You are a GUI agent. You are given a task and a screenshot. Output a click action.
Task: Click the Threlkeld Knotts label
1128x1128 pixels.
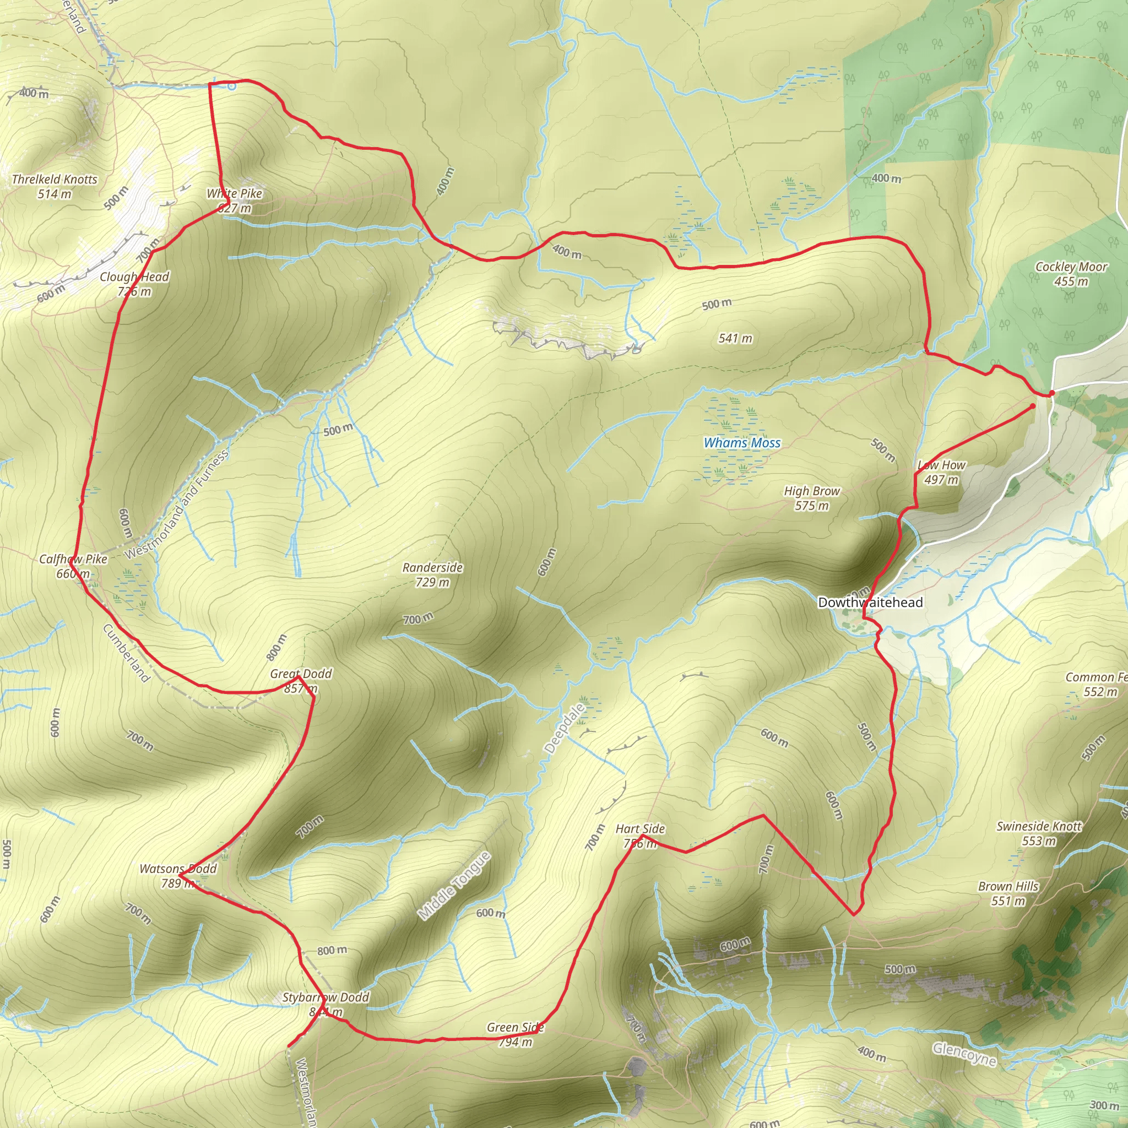[55, 186]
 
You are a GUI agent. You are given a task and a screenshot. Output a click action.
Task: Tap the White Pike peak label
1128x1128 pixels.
[235, 200]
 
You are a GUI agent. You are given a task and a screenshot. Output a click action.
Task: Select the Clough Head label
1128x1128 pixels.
[134, 284]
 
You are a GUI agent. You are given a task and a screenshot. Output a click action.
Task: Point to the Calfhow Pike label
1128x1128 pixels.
[73, 566]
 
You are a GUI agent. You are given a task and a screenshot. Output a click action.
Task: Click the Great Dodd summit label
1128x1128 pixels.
[301, 681]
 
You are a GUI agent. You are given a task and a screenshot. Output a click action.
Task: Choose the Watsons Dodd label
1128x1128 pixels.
[177, 876]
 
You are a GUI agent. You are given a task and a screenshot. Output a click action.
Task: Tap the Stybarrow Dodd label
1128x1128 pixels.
[326, 1004]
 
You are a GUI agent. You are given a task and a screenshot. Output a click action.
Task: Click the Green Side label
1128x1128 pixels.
[516, 1034]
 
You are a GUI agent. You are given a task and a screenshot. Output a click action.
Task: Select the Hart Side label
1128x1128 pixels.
[641, 836]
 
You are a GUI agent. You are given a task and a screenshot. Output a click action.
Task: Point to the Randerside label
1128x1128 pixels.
[432, 574]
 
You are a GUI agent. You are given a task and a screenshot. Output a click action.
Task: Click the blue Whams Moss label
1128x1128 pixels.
[742, 443]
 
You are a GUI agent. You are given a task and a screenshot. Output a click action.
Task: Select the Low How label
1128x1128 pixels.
[941, 472]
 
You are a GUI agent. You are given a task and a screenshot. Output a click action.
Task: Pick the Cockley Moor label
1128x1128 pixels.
[1071, 274]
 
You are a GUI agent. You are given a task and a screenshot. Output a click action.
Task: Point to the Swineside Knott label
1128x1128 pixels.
[1039, 833]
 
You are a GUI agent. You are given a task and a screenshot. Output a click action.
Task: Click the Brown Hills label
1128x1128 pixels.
[1008, 893]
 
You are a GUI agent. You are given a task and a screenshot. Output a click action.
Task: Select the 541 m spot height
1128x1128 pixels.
[736, 338]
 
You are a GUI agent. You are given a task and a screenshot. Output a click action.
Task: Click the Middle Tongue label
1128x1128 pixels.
[455, 886]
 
